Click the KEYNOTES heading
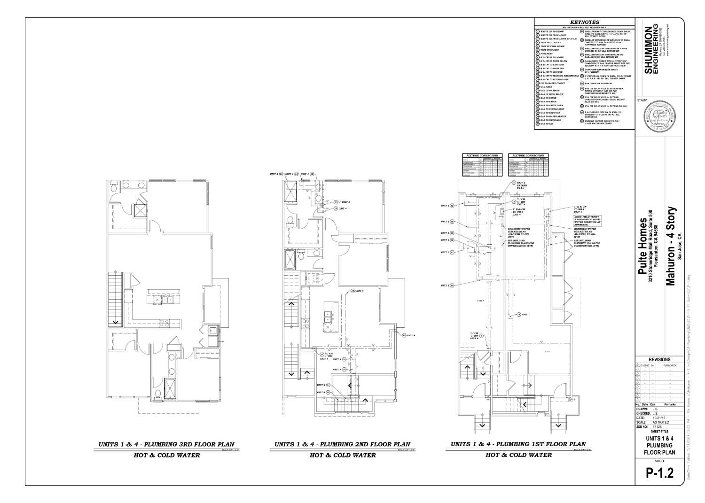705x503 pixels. pos(584,22)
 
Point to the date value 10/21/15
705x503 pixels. pos(660,418)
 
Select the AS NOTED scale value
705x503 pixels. pos(661,422)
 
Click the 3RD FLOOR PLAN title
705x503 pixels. pos(166,444)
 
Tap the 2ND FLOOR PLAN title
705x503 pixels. pos(342,444)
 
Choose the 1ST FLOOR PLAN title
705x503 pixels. pos(518,444)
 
